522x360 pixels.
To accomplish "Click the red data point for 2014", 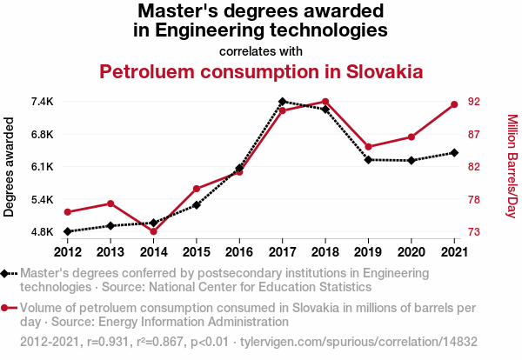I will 153,231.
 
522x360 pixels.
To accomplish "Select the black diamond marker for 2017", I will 283,102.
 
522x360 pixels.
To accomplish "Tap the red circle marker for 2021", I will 454,105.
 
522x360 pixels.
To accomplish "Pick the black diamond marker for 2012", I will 68,231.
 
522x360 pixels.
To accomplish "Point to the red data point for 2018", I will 325,102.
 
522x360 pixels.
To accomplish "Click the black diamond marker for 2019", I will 368,160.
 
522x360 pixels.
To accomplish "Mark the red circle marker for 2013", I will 110,203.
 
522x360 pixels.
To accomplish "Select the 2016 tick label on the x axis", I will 239,252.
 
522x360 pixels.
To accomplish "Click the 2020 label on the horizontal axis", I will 411,252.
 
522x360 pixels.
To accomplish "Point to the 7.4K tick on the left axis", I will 41,102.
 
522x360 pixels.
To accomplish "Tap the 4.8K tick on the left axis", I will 41,232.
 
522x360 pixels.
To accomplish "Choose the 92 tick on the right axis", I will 474,102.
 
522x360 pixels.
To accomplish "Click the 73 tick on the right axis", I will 474,232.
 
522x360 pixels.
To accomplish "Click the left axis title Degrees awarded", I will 10,167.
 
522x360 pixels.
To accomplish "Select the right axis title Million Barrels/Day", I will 512,167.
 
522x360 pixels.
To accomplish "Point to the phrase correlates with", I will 260,50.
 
